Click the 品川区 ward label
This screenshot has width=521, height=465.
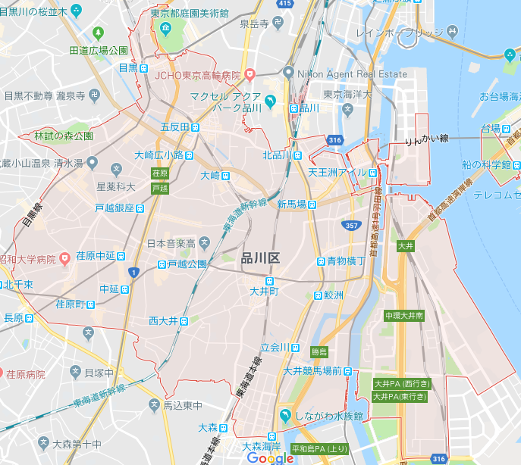coord(260,258)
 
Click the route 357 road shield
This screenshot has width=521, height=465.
coord(351,226)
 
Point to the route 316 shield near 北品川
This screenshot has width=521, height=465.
coord(335,140)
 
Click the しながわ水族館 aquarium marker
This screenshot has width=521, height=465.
coord(285,415)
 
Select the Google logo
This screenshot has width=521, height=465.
coord(270,457)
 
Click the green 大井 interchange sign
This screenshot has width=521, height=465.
coord(405,246)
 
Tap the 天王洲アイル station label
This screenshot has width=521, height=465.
coord(342,173)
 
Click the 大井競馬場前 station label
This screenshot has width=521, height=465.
coord(316,371)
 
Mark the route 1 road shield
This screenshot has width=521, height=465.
coord(133,272)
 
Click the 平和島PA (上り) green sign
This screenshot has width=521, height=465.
coord(315,448)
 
